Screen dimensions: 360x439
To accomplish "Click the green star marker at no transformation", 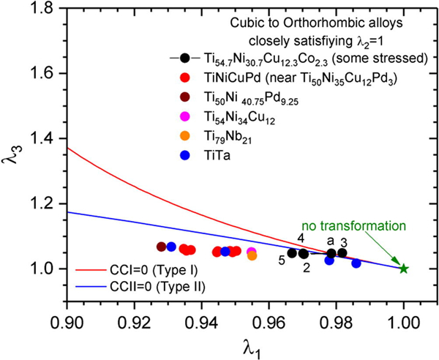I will point(403,269).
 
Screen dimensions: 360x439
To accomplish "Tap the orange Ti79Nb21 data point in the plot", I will point(252,255).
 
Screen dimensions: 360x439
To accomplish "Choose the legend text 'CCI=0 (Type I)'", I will point(138,272).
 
